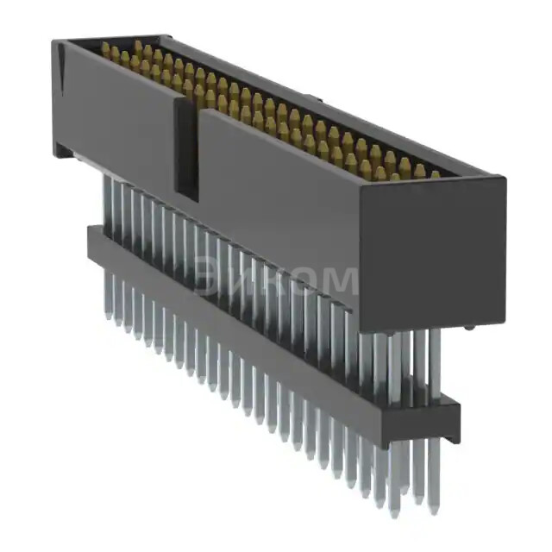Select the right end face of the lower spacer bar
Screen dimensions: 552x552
point(451,418)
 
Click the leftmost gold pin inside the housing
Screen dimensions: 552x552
point(106,47)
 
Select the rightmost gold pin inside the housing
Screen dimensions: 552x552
point(436,175)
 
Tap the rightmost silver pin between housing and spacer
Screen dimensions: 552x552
point(434,362)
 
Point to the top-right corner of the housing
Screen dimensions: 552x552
point(505,179)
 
